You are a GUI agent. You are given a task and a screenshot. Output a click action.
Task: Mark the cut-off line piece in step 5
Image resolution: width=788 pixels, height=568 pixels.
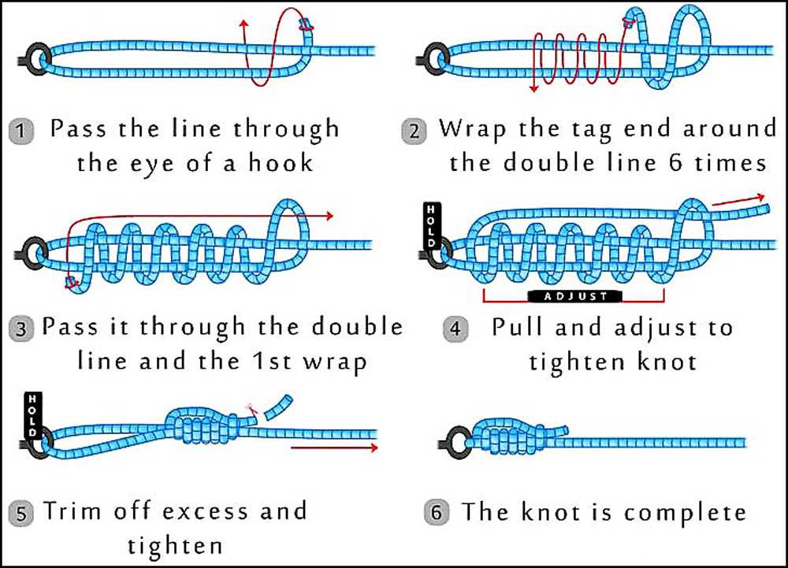click(277, 406)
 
